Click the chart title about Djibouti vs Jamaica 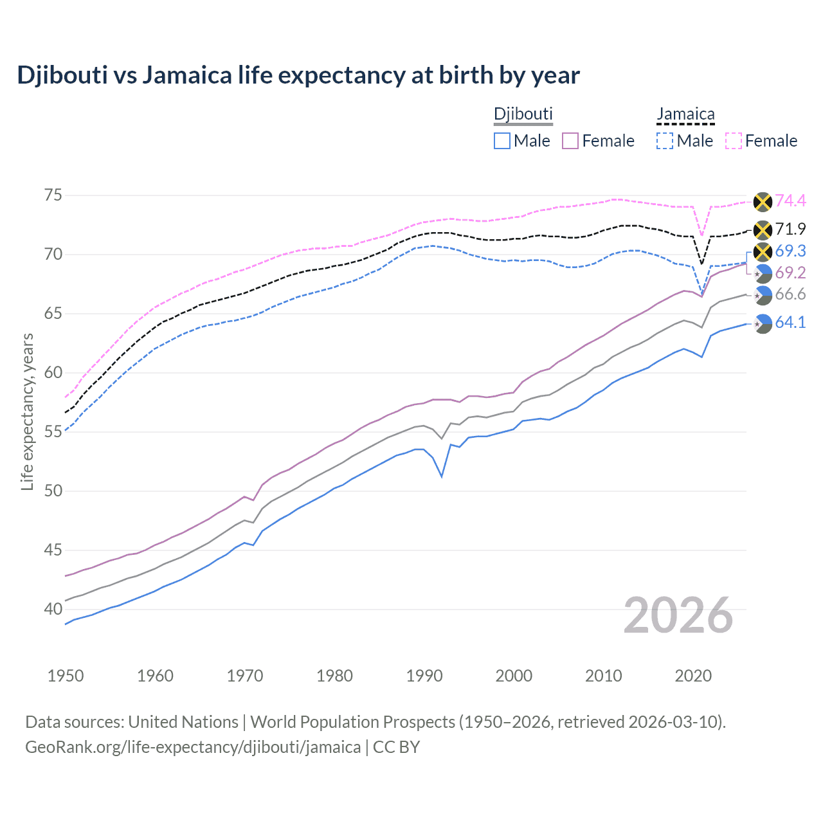(298, 75)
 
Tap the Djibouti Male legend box (502, 141)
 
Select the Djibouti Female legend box (570, 141)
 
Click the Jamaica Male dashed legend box (665, 141)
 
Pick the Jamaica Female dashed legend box (734, 141)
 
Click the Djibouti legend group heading (523, 114)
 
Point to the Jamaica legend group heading (685, 114)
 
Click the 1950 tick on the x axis (66, 676)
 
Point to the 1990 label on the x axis (424, 676)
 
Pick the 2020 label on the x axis (693, 676)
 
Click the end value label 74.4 (790, 201)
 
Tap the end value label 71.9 (790, 230)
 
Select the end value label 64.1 (790, 323)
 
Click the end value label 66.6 (790, 294)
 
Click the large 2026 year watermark (678, 615)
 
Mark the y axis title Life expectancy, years (28, 411)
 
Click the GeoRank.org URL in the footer (193, 747)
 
